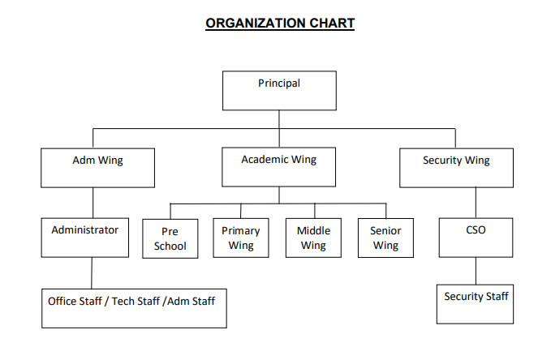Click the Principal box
(x=279, y=90)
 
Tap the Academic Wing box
(x=279, y=168)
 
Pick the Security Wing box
(x=456, y=168)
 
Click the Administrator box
(x=85, y=237)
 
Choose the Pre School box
(x=170, y=238)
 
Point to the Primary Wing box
(x=241, y=238)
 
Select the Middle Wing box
(x=313, y=238)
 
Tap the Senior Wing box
(x=385, y=238)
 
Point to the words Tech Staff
(x=136, y=301)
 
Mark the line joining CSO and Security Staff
(x=476, y=271)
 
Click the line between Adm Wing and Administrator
(x=93, y=202)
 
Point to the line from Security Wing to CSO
(x=476, y=203)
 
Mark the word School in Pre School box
(x=170, y=246)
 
